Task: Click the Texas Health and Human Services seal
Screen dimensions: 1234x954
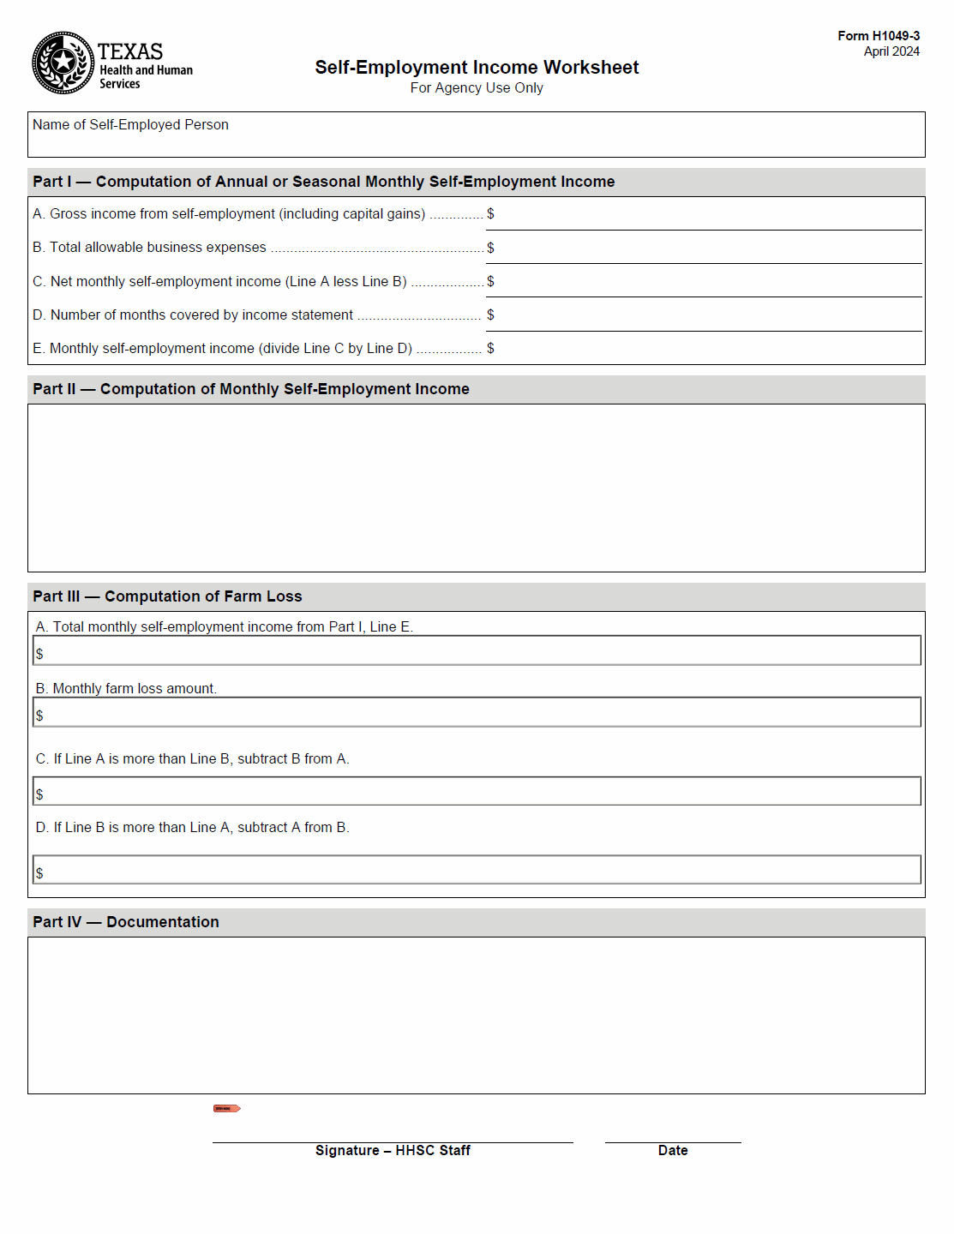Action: pyautogui.click(x=63, y=63)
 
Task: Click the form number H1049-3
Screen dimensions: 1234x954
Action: pyautogui.click(x=879, y=36)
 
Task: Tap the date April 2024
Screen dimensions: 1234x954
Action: pyautogui.click(x=891, y=51)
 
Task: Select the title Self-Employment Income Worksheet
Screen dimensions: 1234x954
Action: pyautogui.click(x=477, y=67)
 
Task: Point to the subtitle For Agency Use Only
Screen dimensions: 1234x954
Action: pyautogui.click(x=477, y=87)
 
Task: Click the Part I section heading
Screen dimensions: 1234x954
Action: pyautogui.click(x=323, y=182)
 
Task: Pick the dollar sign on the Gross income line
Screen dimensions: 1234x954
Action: pyautogui.click(x=490, y=213)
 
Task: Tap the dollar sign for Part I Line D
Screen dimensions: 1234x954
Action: pyautogui.click(x=490, y=314)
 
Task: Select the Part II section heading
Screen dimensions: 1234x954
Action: pyautogui.click(x=250, y=389)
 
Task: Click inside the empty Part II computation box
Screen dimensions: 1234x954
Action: pyautogui.click(x=477, y=488)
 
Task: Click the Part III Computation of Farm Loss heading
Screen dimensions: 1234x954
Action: pyautogui.click(x=167, y=596)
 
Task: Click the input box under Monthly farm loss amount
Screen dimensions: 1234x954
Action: pyautogui.click(x=477, y=712)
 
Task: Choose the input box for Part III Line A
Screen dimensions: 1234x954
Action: pyautogui.click(x=477, y=650)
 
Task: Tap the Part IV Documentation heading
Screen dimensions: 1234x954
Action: pyautogui.click(x=126, y=922)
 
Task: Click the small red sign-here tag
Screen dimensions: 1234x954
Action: pyautogui.click(x=226, y=1108)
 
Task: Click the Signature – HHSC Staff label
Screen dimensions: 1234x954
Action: pyautogui.click(x=393, y=1151)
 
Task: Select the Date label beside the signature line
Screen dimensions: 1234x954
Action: pyautogui.click(x=673, y=1151)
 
